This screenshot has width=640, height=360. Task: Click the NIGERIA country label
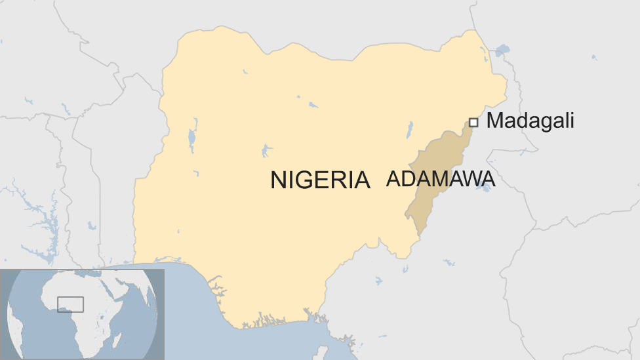pos(320,180)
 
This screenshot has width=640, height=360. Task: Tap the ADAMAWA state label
pos(440,178)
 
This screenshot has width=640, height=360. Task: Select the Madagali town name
pos(530,121)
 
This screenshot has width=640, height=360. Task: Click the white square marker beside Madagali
pos(473,122)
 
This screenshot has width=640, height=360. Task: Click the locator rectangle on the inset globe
pos(70,304)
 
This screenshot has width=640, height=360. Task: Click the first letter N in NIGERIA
pos(278,180)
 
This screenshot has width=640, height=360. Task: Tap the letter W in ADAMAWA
pos(468,178)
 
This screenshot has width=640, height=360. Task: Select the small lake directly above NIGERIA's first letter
pos(266,151)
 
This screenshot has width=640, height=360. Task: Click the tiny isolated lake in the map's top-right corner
pos(594,58)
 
